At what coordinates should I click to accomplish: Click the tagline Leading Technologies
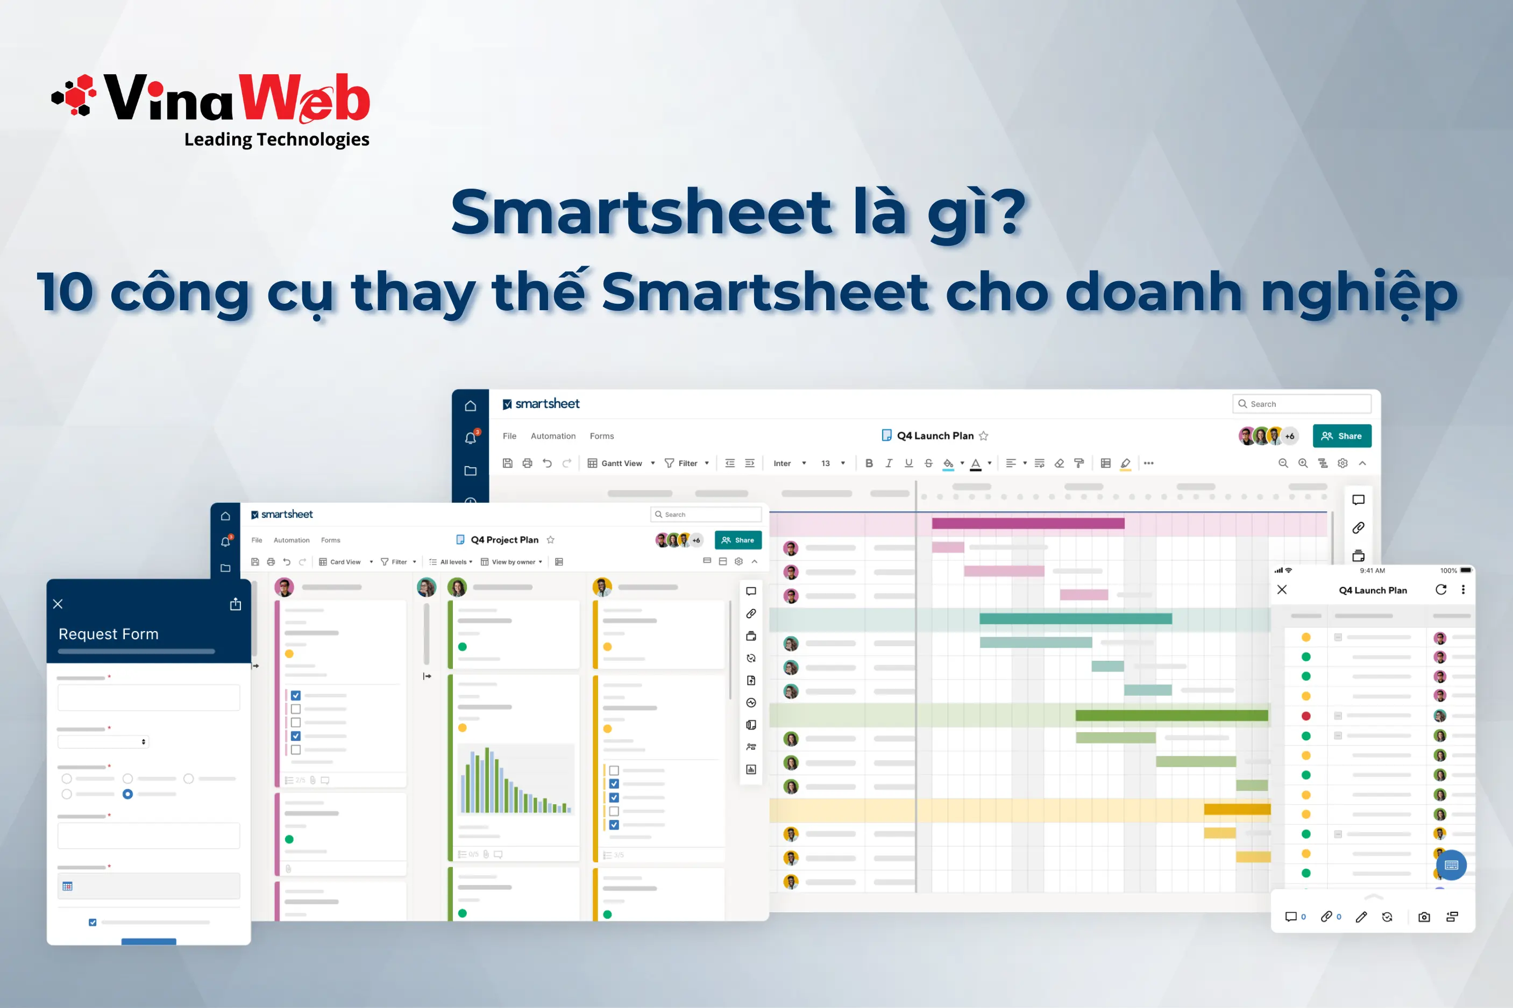(x=276, y=139)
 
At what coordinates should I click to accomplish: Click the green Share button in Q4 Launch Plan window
(x=1341, y=436)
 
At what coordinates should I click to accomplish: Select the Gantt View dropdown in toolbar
(x=621, y=463)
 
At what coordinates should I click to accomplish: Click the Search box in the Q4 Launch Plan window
(x=1302, y=404)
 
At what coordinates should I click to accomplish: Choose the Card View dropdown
(x=345, y=562)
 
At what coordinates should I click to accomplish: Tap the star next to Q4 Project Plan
(x=550, y=540)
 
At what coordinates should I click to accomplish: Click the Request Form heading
(x=109, y=634)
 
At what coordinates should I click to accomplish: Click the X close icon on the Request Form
(x=58, y=604)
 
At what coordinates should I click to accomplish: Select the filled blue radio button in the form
(x=128, y=794)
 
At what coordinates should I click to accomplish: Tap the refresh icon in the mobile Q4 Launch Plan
(x=1441, y=590)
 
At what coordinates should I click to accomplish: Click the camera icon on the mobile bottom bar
(x=1424, y=917)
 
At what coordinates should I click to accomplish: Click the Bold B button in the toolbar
(x=869, y=463)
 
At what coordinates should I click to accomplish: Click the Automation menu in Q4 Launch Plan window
(x=553, y=436)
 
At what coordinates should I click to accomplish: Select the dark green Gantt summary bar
(x=1171, y=716)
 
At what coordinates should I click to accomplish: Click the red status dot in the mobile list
(x=1306, y=716)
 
